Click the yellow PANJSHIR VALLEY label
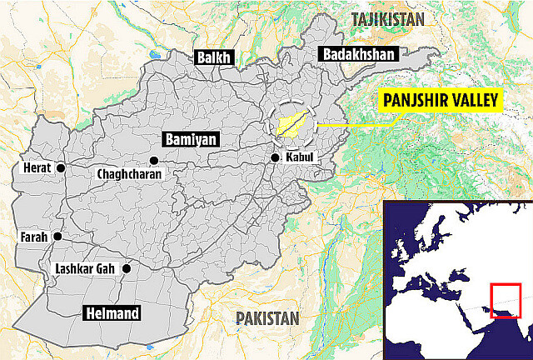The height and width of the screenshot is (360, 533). pyautogui.click(x=440, y=102)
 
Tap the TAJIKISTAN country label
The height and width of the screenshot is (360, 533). pyautogui.click(x=387, y=19)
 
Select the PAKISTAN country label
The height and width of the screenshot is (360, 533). pyautogui.click(x=266, y=318)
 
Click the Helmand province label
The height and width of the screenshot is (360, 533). pyautogui.click(x=110, y=313)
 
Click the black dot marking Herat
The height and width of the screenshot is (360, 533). pyautogui.click(x=61, y=168)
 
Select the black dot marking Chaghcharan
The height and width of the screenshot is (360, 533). pyautogui.click(x=152, y=160)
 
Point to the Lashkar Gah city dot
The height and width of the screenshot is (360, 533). pyautogui.click(x=126, y=268)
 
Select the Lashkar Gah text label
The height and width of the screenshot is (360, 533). pyautogui.click(x=83, y=269)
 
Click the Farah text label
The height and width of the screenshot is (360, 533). pyautogui.click(x=33, y=237)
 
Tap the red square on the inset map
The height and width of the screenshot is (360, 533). pyautogui.click(x=506, y=301)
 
